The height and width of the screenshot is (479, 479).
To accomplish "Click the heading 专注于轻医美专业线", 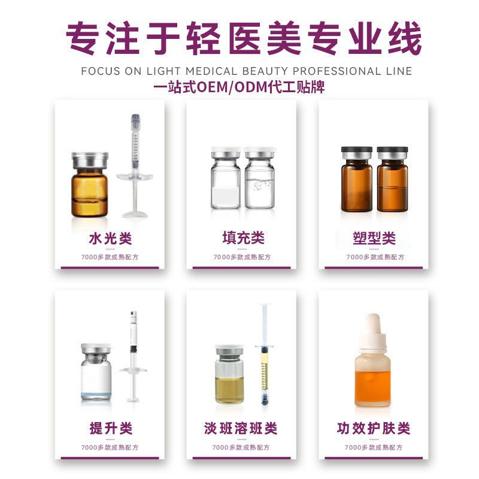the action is [x=244, y=38].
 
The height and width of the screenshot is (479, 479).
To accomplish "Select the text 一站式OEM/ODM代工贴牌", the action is [x=239, y=87].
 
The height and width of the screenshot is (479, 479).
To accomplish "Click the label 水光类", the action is [x=110, y=238].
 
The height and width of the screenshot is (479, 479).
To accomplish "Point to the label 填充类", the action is [x=243, y=238].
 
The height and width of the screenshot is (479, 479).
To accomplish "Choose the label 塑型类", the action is [x=374, y=238].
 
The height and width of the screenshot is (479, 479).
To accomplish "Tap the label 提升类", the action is [x=111, y=428].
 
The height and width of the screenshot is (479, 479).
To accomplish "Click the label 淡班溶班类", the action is [x=241, y=428].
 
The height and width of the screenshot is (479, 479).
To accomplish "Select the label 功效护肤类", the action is [x=374, y=428].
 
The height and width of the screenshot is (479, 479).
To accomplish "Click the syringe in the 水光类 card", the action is [x=135, y=166].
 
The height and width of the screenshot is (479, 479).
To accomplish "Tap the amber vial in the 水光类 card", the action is [x=90, y=184].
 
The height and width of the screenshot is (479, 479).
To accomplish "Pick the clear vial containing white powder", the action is [x=226, y=178].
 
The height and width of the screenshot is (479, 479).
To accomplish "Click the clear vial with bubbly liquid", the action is [x=260, y=178].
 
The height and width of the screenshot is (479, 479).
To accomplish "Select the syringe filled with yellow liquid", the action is [x=265, y=354].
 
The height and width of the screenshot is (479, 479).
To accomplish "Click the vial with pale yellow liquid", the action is [x=229, y=375].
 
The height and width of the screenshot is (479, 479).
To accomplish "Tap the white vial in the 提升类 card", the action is [x=96, y=372].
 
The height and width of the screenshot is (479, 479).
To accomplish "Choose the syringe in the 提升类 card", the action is [x=134, y=356].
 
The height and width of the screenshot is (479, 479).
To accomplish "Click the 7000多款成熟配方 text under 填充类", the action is [x=242, y=257].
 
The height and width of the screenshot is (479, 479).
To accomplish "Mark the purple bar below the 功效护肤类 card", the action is [x=374, y=458].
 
